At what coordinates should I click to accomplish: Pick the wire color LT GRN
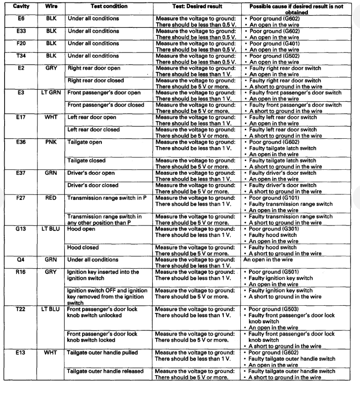click(51, 93)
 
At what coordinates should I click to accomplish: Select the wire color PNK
click(51, 142)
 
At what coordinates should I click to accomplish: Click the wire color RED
click(51, 199)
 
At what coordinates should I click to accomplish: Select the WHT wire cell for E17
click(51, 117)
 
